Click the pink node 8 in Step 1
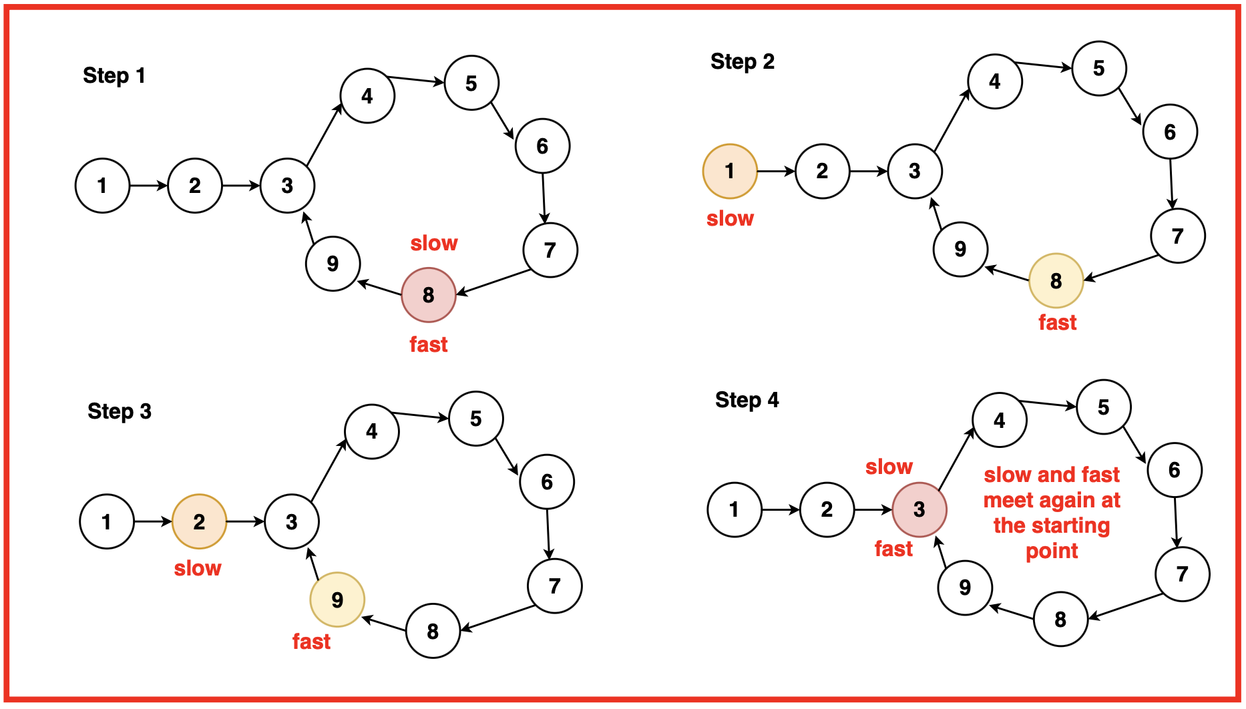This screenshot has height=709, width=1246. (x=429, y=295)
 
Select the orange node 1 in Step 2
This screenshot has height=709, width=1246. (x=730, y=172)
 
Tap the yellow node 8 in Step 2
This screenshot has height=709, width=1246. (x=1056, y=281)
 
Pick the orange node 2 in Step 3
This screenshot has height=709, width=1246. (x=199, y=522)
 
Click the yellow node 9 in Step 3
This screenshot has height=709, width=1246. (x=337, y=600)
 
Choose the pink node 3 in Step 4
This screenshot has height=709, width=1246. (x=919, y=509)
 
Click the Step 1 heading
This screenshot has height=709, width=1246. (x=114, y=75)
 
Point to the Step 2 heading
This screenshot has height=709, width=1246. (x=743, y=61)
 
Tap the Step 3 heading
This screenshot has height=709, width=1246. (x=120, y=411)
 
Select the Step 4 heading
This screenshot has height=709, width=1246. (x=747, y=400)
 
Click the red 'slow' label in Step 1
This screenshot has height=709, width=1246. (x=434, y=243)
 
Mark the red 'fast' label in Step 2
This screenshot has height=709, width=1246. (x=1058, y=322)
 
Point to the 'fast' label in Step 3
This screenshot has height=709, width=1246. (x=311, y=642)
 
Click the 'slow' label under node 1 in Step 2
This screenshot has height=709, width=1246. (x=730, y=218)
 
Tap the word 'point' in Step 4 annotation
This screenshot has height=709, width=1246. (x=1052, y=551)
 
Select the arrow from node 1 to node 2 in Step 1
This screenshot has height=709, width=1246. (x=148, y=186)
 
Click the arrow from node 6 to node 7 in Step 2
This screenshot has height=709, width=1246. (x=1171, y=184)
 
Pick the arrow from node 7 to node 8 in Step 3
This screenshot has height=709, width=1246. (x=497, y=618)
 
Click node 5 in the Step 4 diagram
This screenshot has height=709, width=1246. (x=1104, y=407)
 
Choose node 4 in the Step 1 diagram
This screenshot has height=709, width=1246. (x=367, y=96)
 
